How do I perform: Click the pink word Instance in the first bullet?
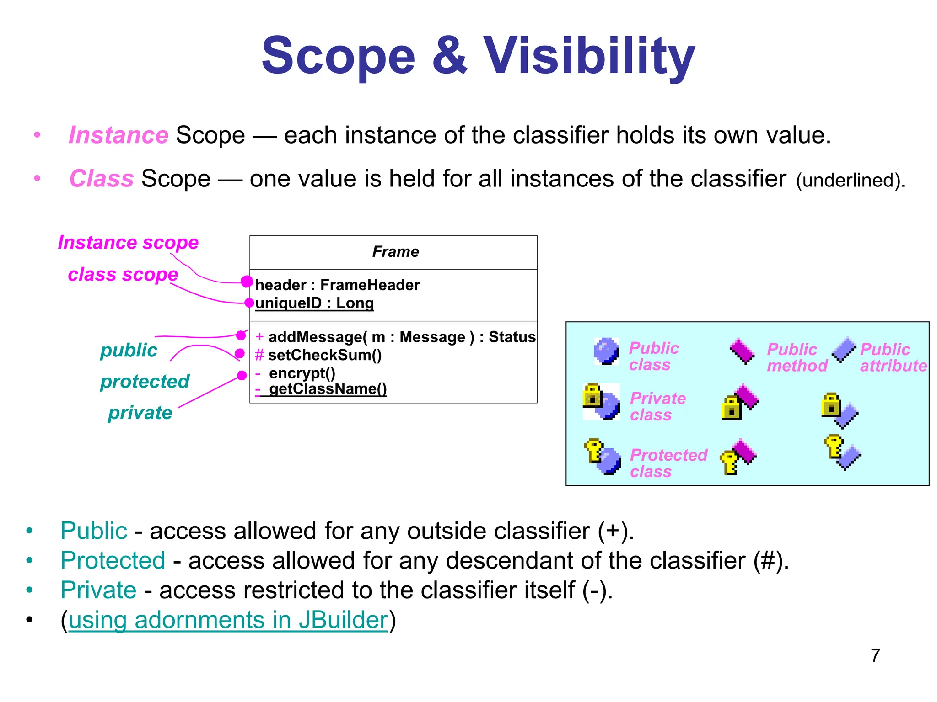click(118, 135)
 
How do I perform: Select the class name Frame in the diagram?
click(395, 251)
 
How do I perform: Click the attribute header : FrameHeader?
click(337, 285)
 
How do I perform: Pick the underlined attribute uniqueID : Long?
click(314, 303)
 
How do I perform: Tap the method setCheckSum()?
click(324, 355)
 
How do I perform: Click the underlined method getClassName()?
click(328, 389)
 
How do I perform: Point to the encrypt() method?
click(302, 373)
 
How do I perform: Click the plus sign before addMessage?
click(259, 337)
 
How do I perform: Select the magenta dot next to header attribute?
click(247, 281)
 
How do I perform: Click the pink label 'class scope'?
click(123, 274)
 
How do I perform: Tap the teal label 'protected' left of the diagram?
click(145, 381)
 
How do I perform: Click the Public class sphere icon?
click(606, 351)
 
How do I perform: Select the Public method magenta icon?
click(742, 351)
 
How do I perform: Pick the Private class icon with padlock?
click(601, 402)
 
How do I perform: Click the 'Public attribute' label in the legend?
click(893, 357)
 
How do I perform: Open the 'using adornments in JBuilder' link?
click(228, 620)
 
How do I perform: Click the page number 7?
click(875, 655)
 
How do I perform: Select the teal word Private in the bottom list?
click(98, 590)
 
